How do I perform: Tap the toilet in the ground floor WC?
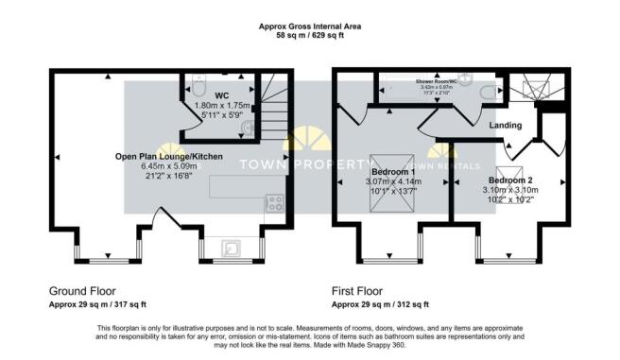198,85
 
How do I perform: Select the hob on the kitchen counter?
274,201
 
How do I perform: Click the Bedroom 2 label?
510,178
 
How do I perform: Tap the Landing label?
506,125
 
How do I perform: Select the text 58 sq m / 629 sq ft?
310,34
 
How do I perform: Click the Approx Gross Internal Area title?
310,26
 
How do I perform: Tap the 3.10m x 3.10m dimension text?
510,189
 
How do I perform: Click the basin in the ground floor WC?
248,129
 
